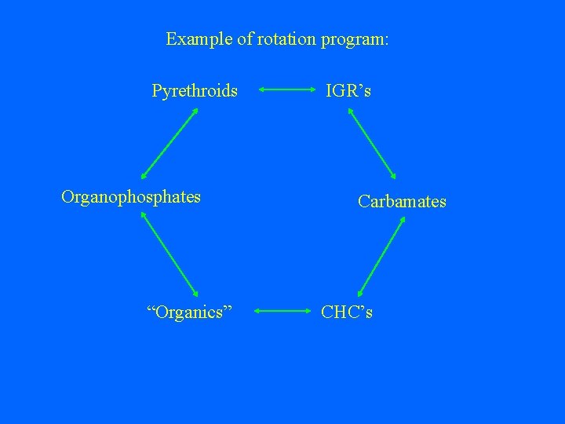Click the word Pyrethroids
[x=195, y=91]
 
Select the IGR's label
[x=349, y=91]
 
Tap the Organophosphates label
[x=131, y=196]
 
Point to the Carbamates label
[x=402, y=202]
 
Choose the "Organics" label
[x=190, y=313]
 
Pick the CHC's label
[x=347, y=313]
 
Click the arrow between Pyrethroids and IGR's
[x=286, y=90]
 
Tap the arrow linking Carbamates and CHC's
[x=381, y=256]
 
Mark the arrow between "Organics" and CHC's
[x=285, y=312]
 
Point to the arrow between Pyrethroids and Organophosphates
[x=169, y=144]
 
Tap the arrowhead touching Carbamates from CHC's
[x=402, y=221]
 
